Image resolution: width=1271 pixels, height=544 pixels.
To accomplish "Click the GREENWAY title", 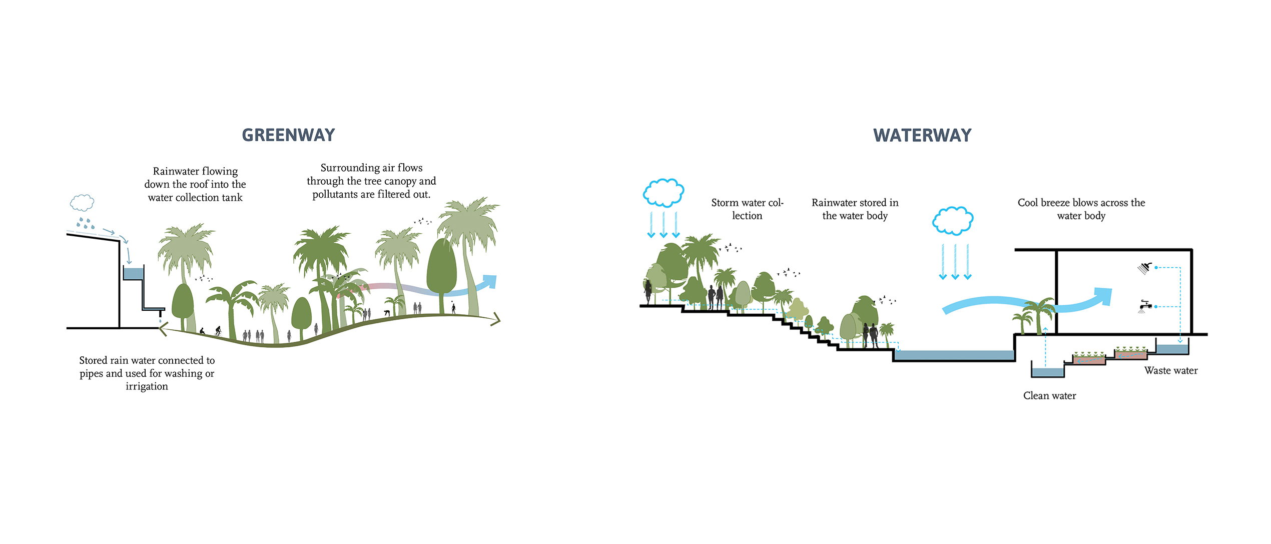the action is [x=288, y=135].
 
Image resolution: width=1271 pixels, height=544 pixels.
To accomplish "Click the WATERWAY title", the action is [x=922, y=135].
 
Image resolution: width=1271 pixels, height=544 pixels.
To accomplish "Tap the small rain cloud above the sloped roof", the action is [x=82, y=203].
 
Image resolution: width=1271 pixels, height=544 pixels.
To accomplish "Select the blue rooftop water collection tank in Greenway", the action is [x=133, y=274].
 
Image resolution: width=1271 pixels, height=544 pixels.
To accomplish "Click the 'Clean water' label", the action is [x=1049, y=396].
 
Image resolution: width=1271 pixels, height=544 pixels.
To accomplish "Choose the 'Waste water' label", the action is [x=1171, y=371].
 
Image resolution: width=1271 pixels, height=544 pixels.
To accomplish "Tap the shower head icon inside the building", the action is [x=1144, y=268].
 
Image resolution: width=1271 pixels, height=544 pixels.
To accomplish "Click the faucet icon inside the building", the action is [x=1144, y=306].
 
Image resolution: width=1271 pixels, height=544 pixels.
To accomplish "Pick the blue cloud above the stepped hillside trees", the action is [x=664, y=193].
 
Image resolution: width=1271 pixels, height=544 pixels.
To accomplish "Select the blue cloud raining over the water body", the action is [x=953, y=221].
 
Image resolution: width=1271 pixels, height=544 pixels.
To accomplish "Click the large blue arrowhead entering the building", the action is [x=1101, y=297].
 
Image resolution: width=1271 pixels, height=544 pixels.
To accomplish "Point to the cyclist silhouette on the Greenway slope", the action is [x=218, y=331].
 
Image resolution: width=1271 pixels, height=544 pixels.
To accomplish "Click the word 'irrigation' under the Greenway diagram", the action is [x=147, y=386].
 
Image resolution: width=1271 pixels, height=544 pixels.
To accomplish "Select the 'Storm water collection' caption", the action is [x=747, y=209].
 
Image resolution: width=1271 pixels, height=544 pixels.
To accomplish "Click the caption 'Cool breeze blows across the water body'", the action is [x=1081, y=209].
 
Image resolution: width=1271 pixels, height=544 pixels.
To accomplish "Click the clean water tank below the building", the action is [x=1047, y=372].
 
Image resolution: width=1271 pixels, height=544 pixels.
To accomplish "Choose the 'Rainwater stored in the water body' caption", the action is [x=855, y=209].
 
